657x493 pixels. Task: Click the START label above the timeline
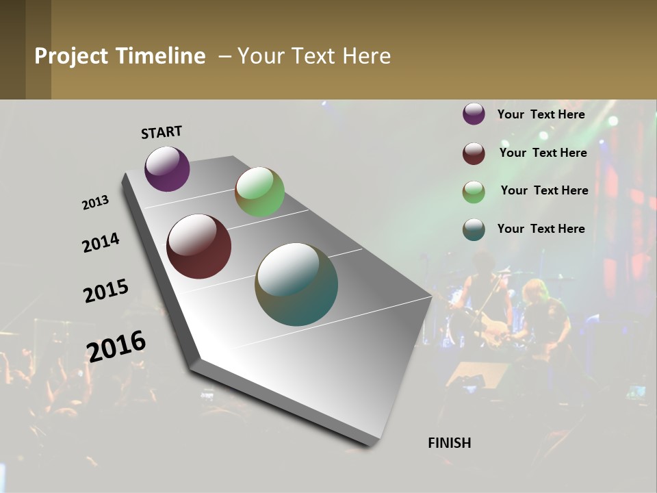point(162,132)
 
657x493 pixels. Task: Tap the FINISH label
point(449,443)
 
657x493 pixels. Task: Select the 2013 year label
point(95,203)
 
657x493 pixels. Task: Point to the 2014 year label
point(101,243)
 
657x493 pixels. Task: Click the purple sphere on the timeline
point(167,169)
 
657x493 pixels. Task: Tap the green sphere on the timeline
point(259,192)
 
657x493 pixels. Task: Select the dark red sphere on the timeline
point(198,246)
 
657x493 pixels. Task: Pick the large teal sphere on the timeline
point(296,284)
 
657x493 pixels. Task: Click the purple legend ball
point(474,114)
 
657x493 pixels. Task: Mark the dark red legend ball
point(474,153)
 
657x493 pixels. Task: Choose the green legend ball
point(474,192)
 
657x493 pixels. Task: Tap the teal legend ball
point(474,229)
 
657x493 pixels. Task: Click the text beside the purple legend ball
point(541,114)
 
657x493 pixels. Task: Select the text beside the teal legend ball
point(541,229)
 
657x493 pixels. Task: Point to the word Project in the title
point(72,56)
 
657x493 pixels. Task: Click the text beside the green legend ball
point(544,190)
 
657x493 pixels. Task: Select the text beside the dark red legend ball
point(543,153)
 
